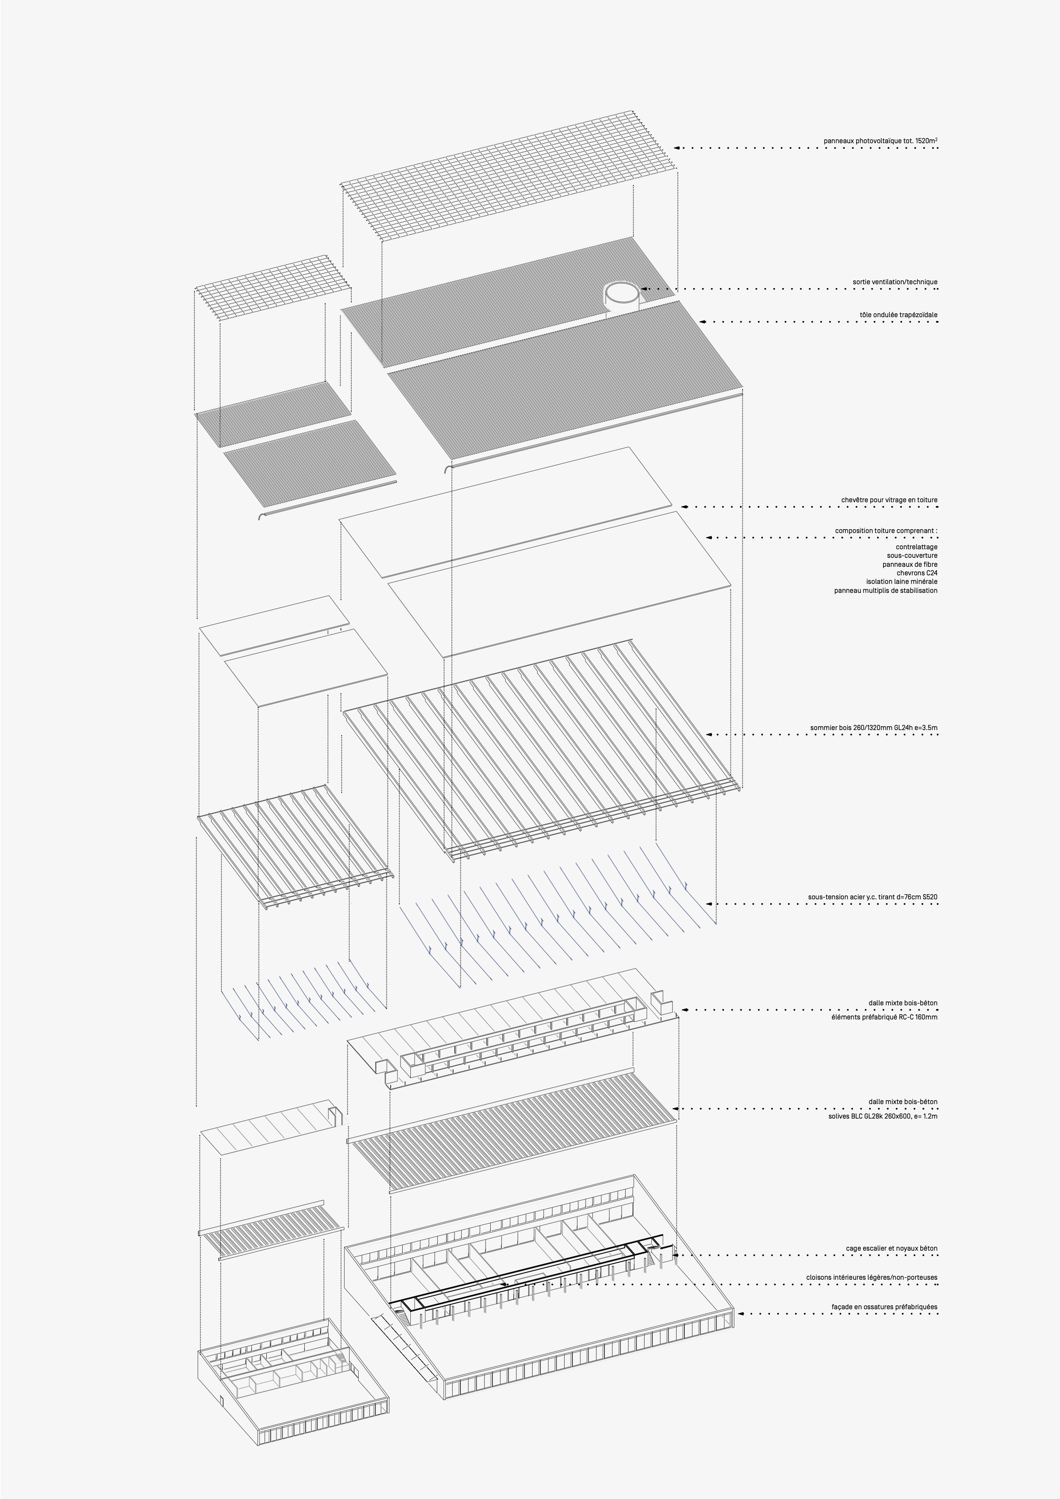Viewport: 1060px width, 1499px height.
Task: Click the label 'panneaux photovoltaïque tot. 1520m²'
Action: click(x=880, y=140)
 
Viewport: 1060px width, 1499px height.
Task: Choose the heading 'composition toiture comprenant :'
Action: click(x=886, y=531)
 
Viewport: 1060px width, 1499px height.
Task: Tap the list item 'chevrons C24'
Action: click(x=917, y=573)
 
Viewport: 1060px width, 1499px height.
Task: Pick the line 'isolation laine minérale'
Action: click(x=902, y=581)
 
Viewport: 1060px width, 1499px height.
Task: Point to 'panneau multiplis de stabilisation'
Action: click(x=886, y=590)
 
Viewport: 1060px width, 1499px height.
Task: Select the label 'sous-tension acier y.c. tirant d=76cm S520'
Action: click(x=873, y=897)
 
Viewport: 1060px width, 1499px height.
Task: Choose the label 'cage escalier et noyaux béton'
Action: click(x=892, y=1248)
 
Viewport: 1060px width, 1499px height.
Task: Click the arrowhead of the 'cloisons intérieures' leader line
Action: click(x=505, y=1284)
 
